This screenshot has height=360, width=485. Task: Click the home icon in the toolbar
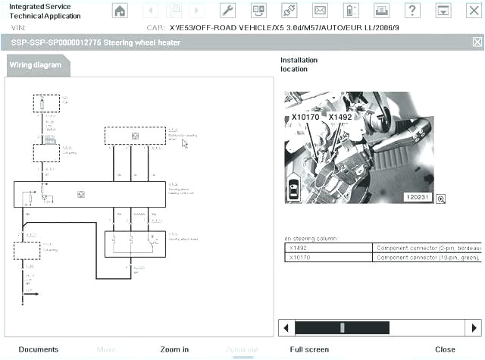[x=120, y=11]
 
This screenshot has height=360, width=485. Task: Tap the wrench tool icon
[x=227, y=11]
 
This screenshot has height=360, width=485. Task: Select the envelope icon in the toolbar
[x=320, y=11]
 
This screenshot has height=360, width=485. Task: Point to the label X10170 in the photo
[x=305, y=117]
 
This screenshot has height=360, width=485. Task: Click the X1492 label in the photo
[x=341, y=117]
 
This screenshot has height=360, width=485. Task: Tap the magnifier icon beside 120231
[x=440, y=199]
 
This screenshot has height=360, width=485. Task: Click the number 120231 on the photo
[x=418, y=198]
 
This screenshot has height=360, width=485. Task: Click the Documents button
[x=38, y=349]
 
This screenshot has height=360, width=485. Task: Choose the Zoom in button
[x=174, y=349]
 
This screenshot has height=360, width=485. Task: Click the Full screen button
[x=309, y=349]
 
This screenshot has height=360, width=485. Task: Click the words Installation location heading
[x=299, y=64]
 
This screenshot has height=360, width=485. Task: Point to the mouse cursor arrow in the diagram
[x=184, y=143]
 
